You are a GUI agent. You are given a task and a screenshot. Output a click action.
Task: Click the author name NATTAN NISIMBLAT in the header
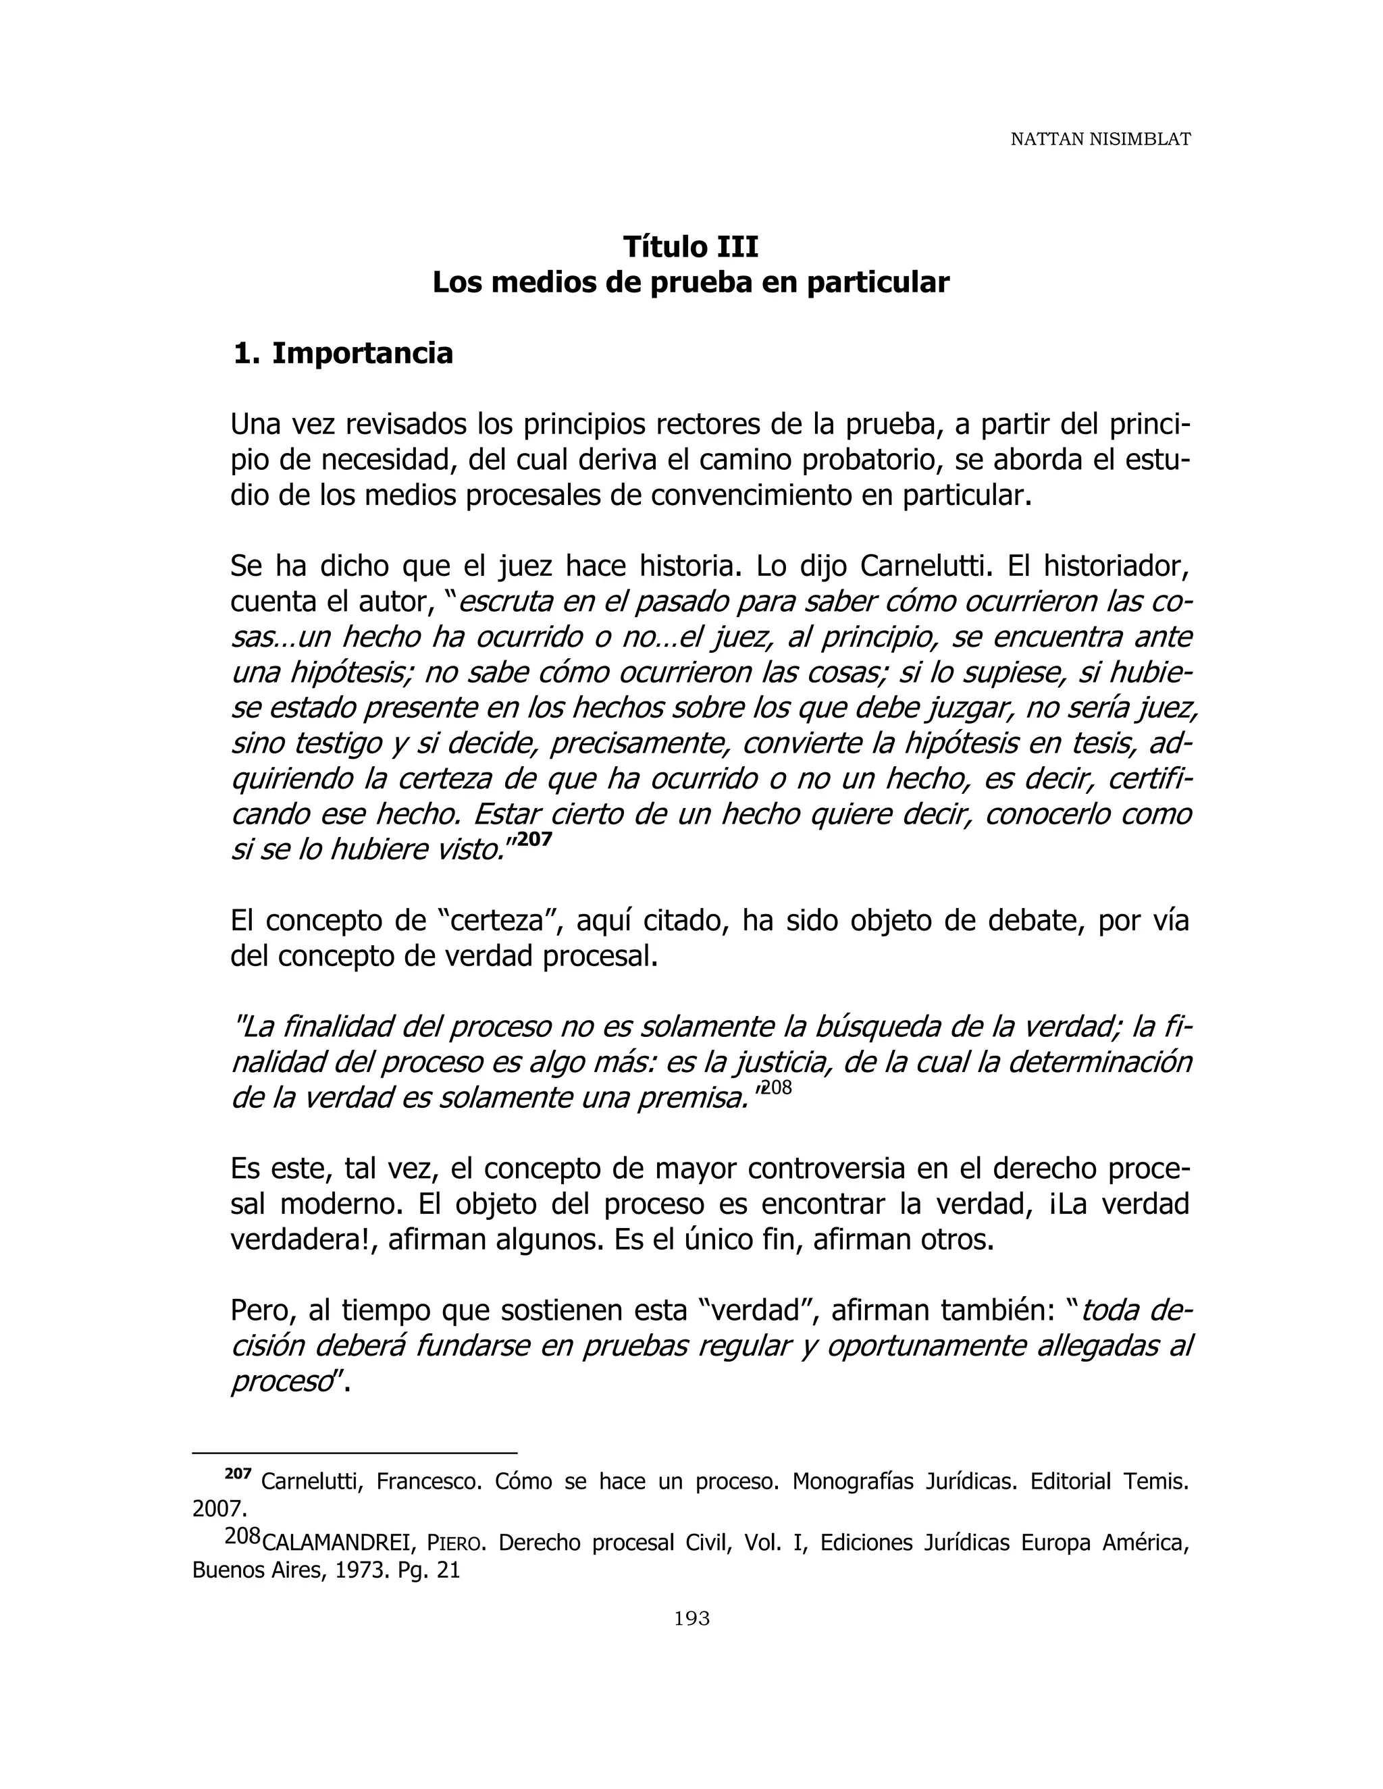pos(1099,139)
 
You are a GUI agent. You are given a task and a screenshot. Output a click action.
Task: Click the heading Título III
pos(691,246)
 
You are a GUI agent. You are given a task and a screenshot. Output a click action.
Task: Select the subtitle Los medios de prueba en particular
pos(691,283)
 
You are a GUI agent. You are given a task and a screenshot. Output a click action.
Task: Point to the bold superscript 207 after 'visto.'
pos(535,840)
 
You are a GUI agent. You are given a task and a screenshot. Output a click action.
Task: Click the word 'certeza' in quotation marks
pos(500,922)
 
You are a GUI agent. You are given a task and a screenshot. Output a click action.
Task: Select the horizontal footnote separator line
pos(354,1452)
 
